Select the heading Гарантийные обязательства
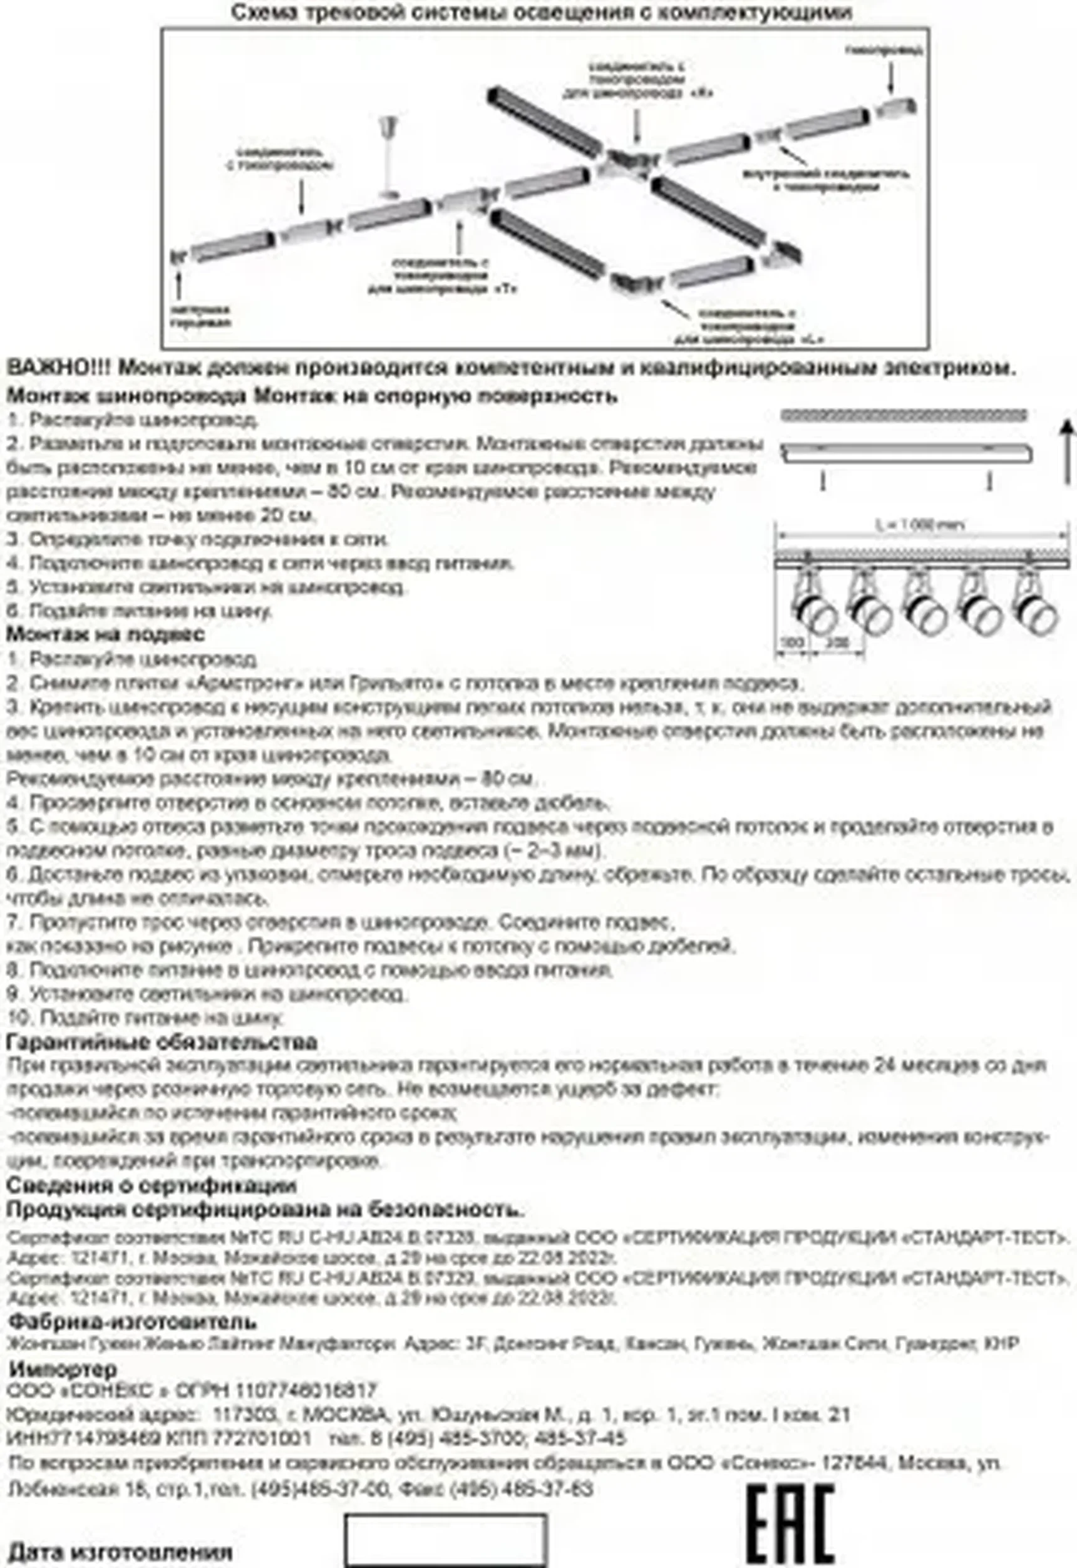pos(162,1043)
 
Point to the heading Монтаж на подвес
pos(105,634)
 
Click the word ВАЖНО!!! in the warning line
pos(59,368)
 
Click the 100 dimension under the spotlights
pos(792,642)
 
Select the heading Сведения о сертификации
pos(152,1185)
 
